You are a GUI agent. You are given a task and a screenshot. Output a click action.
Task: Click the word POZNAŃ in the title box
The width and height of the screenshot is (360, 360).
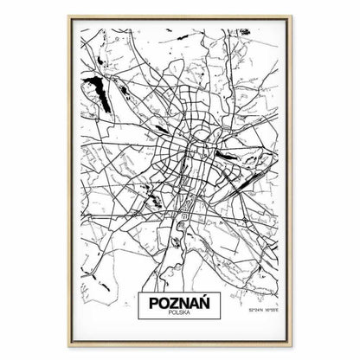point(180,305)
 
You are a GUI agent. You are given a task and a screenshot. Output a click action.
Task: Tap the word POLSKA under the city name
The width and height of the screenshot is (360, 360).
point(180,317)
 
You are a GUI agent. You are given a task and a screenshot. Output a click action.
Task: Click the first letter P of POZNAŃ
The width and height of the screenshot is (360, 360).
point(155,305)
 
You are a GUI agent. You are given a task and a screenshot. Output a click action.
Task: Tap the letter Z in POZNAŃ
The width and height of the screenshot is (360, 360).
point(175,305)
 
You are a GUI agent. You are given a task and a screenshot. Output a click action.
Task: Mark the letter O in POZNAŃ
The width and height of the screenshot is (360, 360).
point(164,305)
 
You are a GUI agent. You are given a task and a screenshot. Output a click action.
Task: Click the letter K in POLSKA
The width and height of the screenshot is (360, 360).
point(185,317)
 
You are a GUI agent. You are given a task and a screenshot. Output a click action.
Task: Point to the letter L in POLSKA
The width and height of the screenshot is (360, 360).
point(177,317)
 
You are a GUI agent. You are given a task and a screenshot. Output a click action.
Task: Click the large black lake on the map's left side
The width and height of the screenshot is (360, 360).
point(98,88)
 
